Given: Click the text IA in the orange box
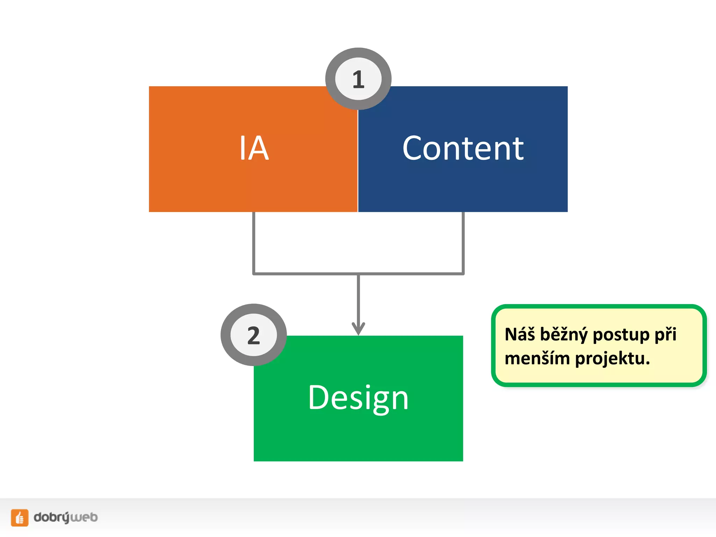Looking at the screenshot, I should (x=254, y=149).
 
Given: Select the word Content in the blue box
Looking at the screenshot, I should (x=463, y=149).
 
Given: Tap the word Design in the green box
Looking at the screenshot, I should (x=358, y=398).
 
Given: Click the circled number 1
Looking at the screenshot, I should (x=358, y=79).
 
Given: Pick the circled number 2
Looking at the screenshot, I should (x=254, y=335).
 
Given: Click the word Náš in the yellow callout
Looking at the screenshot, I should (x=520, y=334).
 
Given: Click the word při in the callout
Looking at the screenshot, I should (x=665, y=335).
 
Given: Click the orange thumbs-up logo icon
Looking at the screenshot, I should (x=20, y=517).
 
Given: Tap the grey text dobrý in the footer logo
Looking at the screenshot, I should (x=52, y=517).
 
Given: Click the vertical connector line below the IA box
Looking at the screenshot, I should (x=254, y=241).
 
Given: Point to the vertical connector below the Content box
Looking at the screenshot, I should (x=463, y=241).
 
